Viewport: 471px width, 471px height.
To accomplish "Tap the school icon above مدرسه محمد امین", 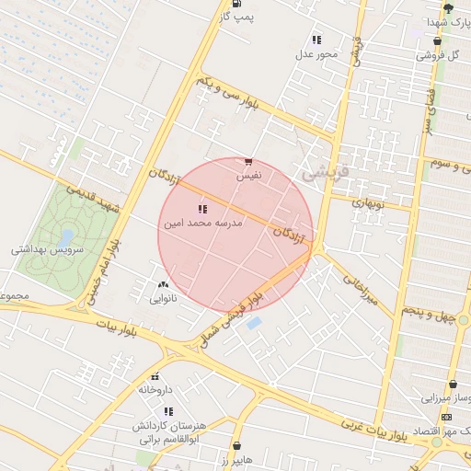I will point(202,210).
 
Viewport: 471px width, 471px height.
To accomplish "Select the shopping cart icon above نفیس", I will point(248,161).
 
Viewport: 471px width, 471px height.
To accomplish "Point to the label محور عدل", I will point(316,53).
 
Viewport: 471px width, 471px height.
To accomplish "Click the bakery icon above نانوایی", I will point(164,285).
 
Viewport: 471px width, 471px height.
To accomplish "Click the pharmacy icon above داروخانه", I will point(155,376).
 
